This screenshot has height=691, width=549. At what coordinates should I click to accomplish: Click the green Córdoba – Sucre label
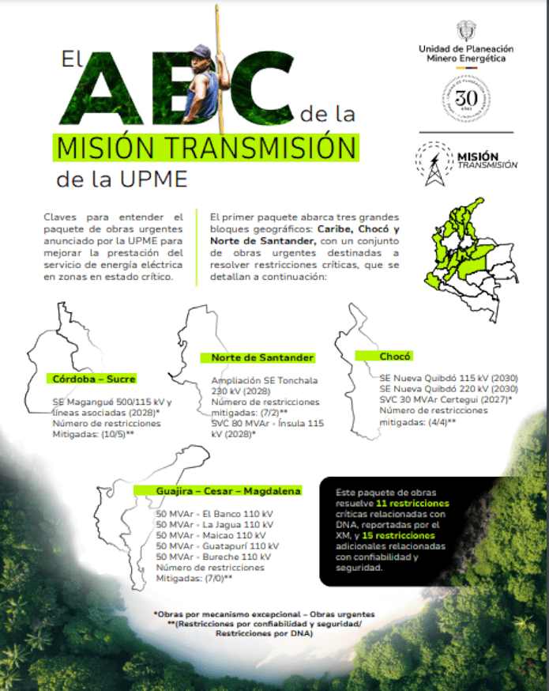94,378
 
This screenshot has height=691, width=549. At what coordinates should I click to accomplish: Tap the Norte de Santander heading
262,357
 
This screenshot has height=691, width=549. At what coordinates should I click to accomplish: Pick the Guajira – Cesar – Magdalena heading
217,490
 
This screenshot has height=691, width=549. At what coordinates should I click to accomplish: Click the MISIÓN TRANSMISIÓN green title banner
205,148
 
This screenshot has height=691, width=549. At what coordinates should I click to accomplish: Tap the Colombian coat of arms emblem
466,32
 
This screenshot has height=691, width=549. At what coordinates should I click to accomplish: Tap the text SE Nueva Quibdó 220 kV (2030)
448,388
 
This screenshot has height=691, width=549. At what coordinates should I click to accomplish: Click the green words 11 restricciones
412,503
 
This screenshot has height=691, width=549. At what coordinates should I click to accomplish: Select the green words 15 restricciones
404,535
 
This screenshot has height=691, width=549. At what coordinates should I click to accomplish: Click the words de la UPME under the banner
122,179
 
